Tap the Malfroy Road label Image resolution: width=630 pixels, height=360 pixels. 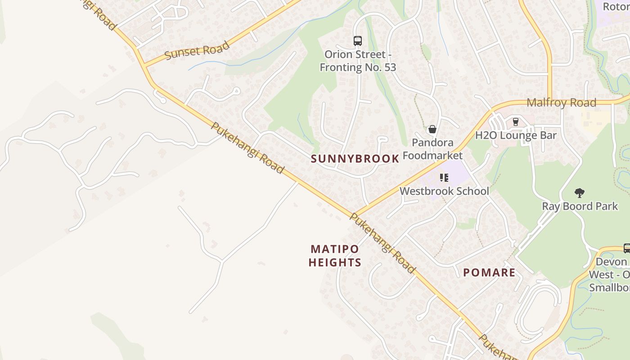tap(561, 103)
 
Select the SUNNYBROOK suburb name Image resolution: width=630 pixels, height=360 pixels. tap(355, 159)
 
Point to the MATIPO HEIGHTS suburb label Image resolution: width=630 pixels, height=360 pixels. tap(335, 256)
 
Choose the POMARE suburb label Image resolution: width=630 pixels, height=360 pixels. tap(489, 273)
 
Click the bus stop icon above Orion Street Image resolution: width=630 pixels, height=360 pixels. tap(358, 41)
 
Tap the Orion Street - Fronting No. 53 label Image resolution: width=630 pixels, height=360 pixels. tap(358, 61)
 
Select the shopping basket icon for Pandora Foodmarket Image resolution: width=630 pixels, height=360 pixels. tap(432, 130)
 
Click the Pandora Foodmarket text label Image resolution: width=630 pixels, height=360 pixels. tap(432, 149)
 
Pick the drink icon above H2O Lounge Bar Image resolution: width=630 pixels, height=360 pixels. tap(516, 122)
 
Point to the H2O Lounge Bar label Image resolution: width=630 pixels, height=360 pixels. tap(516, 135)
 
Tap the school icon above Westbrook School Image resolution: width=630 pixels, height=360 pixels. tap(444, 178)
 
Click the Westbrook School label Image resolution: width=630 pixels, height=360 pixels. tap(444, 191)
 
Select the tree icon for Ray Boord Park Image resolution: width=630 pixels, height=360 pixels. tap(580, 193)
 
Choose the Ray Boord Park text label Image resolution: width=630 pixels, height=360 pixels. tap(580, 207)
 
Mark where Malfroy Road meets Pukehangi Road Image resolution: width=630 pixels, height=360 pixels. tap(357, 214)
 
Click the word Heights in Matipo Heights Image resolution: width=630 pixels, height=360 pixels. tap(335, 262)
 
